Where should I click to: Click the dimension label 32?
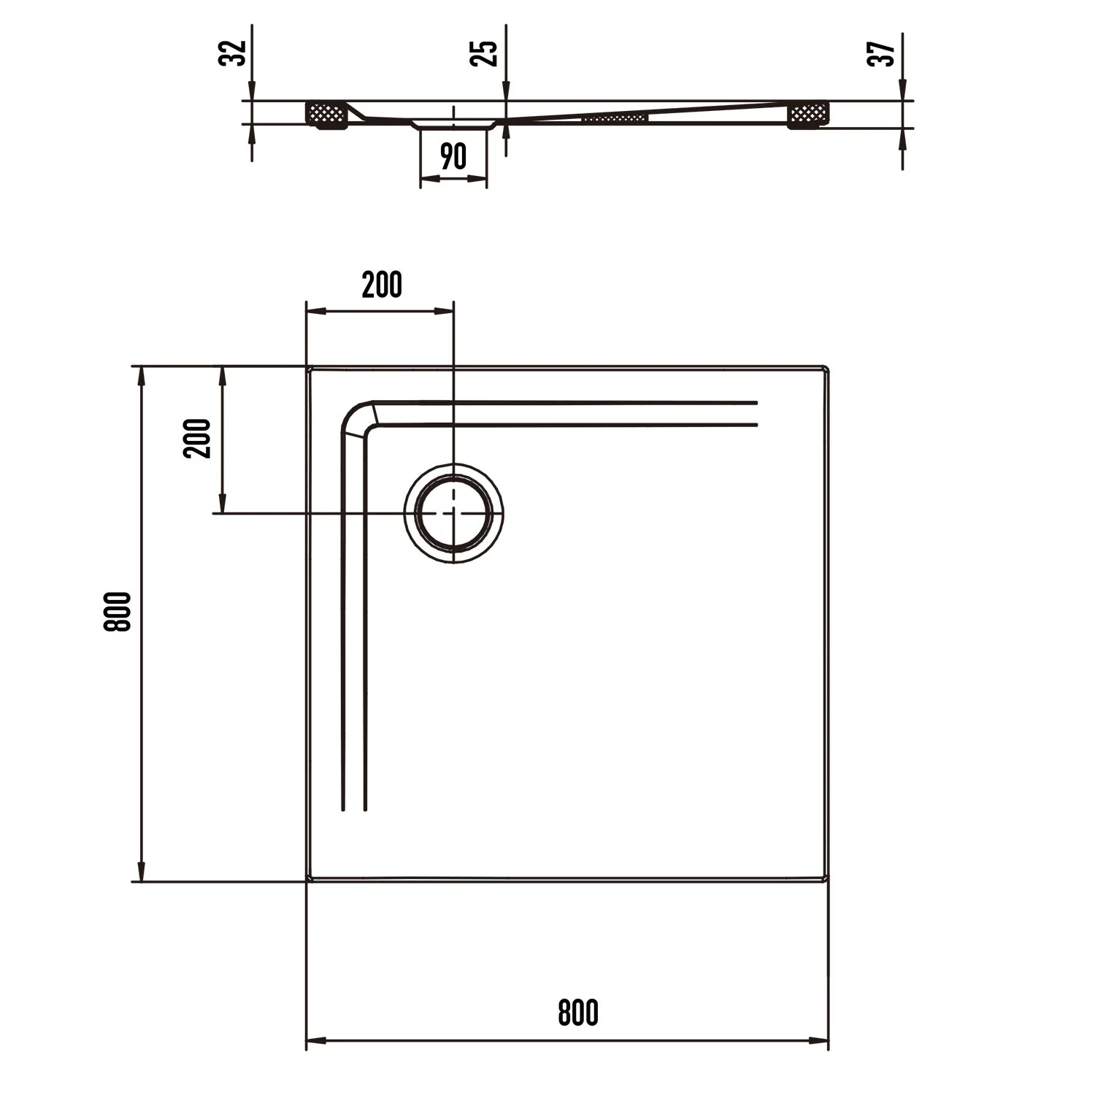(232, 53)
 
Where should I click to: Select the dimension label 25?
(484, 53)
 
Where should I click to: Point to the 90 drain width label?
(453, 156)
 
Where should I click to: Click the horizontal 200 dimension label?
(382, 285)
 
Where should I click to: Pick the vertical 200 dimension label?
(197, 438)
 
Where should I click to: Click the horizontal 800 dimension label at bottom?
(578, 1013)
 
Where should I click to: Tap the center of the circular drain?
(454, 513)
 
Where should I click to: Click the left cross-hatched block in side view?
(326, 114)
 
